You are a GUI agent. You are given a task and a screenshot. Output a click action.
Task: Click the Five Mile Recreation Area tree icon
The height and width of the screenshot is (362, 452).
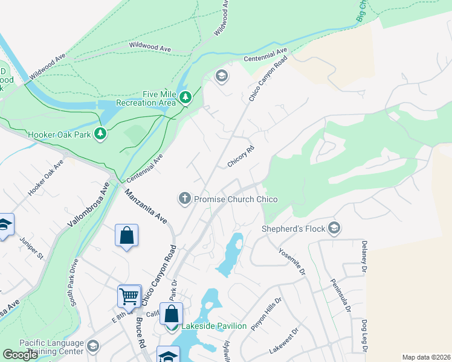click(187, 97)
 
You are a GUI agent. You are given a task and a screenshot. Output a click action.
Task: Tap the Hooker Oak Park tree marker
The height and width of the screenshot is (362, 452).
click(101, 134)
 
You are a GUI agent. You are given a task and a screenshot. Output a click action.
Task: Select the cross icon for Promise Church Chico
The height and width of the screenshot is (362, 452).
click(184, 198)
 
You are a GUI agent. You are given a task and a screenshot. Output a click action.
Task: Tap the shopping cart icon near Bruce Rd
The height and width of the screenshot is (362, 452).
click(129, 296)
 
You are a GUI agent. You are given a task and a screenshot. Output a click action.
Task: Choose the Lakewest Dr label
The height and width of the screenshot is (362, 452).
click(285, 341)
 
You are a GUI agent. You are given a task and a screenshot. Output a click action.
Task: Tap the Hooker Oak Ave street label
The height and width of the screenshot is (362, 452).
click(45, 179)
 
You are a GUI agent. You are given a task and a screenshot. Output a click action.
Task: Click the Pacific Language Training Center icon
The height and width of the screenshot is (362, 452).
click(93, 346)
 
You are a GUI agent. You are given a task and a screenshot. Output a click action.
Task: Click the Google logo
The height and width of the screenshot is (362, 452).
click(21, 354)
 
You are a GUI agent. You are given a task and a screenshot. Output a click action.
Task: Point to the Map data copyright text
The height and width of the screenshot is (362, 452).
click(425, 357)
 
